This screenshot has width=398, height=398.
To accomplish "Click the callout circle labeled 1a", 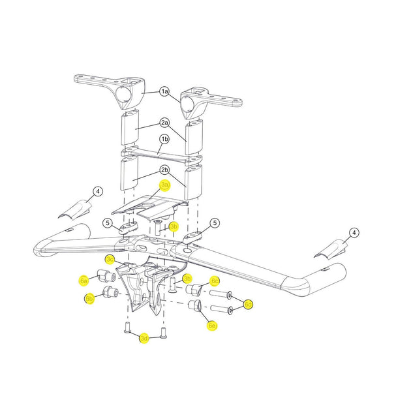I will tap(165, 92).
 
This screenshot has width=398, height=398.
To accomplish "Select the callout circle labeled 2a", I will tap(165, 122).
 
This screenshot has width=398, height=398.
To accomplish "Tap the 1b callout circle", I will tap(165, 139).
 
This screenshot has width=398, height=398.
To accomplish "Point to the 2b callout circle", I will tap(165, 170).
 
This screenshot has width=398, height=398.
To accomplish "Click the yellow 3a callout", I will tap(165, 185).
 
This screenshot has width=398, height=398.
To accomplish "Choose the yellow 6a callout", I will tap(84, 281).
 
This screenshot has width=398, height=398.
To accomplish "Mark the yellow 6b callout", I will tap(89, 298).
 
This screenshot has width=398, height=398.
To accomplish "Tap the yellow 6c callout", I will tap(215, 281).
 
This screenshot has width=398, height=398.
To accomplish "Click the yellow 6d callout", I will tap(249, 304).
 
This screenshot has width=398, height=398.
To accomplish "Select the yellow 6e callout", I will tap(212, 325).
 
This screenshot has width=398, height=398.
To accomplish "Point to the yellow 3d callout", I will tap(144, 337).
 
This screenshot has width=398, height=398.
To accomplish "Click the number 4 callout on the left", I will tap(97, 191).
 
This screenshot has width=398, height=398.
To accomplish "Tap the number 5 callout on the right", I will tap(215, 224).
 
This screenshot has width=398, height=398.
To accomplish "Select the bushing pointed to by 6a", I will tap(104, 273).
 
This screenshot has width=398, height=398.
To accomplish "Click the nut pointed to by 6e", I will tap(194, 305).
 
